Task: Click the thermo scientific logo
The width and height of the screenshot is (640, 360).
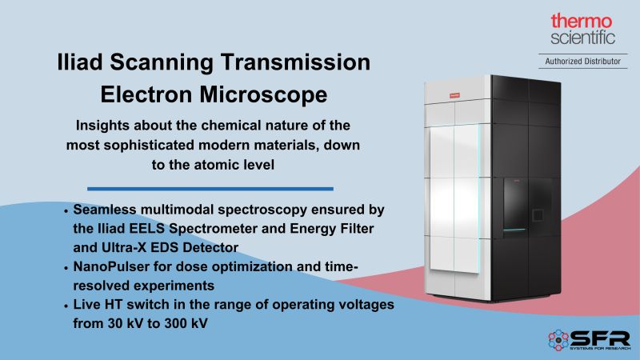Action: pos(582,29)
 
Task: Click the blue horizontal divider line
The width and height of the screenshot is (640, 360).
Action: pos(210,189)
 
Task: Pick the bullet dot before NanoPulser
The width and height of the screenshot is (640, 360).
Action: pos(65,266)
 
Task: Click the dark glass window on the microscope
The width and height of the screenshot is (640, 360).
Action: pos(528,204)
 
